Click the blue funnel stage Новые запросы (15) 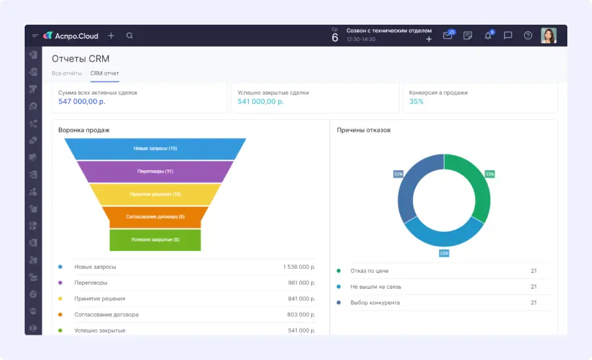pyautogui.click(x=155, y=149)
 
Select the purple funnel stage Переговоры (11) pyautogui.click(x=155, y=171)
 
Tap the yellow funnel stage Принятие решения pyautogui.click(x=155, y=194)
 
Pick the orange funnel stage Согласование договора pyautogui.click(x=155, y=217)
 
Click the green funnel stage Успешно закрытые pyautogui.click(x=155, y=239)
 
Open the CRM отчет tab pyautogui.click(x=105, y=73)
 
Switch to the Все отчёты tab pyautogui.click(x=66, y=73)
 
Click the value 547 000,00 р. pyautogui.click(x=82, y=101)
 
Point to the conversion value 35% pyautogui.click(x=417, y=101)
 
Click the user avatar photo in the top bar pyautogui.click(x=548, y=36)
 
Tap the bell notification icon pyautogui.click(x=488, y=36)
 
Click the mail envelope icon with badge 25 pyautogui.click(x=447, y=36)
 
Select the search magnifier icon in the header pyautogui.click(x=129, y=36)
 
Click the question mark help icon pyautogui.click(x=528, y=36)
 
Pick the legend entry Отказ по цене pyautogui.click(x=369, y=271)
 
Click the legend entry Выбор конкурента pyautogui.click(x=374, y=302)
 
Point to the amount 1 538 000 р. pyautogui.click(x=299, y=267)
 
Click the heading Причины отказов pyautogui.click(x=363, y=130)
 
